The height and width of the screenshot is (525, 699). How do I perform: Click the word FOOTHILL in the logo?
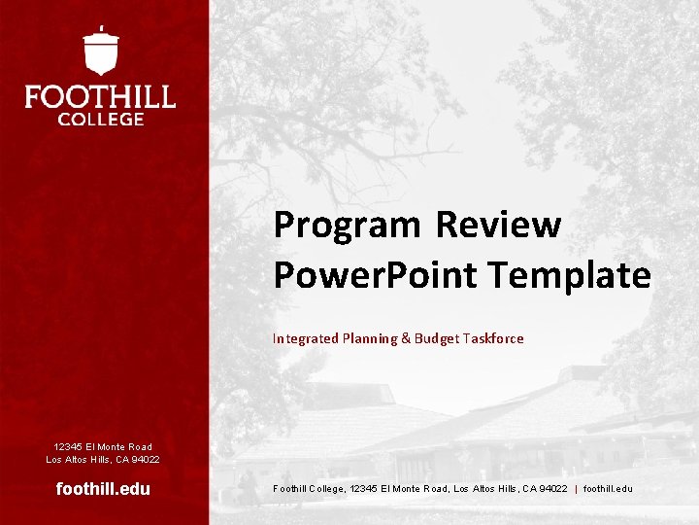tap(100, 97)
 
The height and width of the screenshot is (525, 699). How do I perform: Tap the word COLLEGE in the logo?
tap(101, 119)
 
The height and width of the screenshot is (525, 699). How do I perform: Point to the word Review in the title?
tap(498, 225)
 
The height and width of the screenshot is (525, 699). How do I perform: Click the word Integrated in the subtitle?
tap(306, 338)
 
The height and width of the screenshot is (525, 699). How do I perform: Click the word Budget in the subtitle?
tap(436, 338)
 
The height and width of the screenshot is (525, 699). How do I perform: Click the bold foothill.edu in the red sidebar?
tap(103, 489)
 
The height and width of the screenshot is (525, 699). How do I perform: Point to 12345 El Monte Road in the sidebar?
tap(103, 447)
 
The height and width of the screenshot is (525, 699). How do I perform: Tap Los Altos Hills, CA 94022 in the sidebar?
tap(103, 459)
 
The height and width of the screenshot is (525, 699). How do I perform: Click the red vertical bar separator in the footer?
tap(576, 488)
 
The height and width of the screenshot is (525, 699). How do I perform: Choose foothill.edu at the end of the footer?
tap(608, 488)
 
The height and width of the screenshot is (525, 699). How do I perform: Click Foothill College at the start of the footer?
tap(309, 488)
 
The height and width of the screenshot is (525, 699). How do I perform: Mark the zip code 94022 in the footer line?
tap(551, 488)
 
